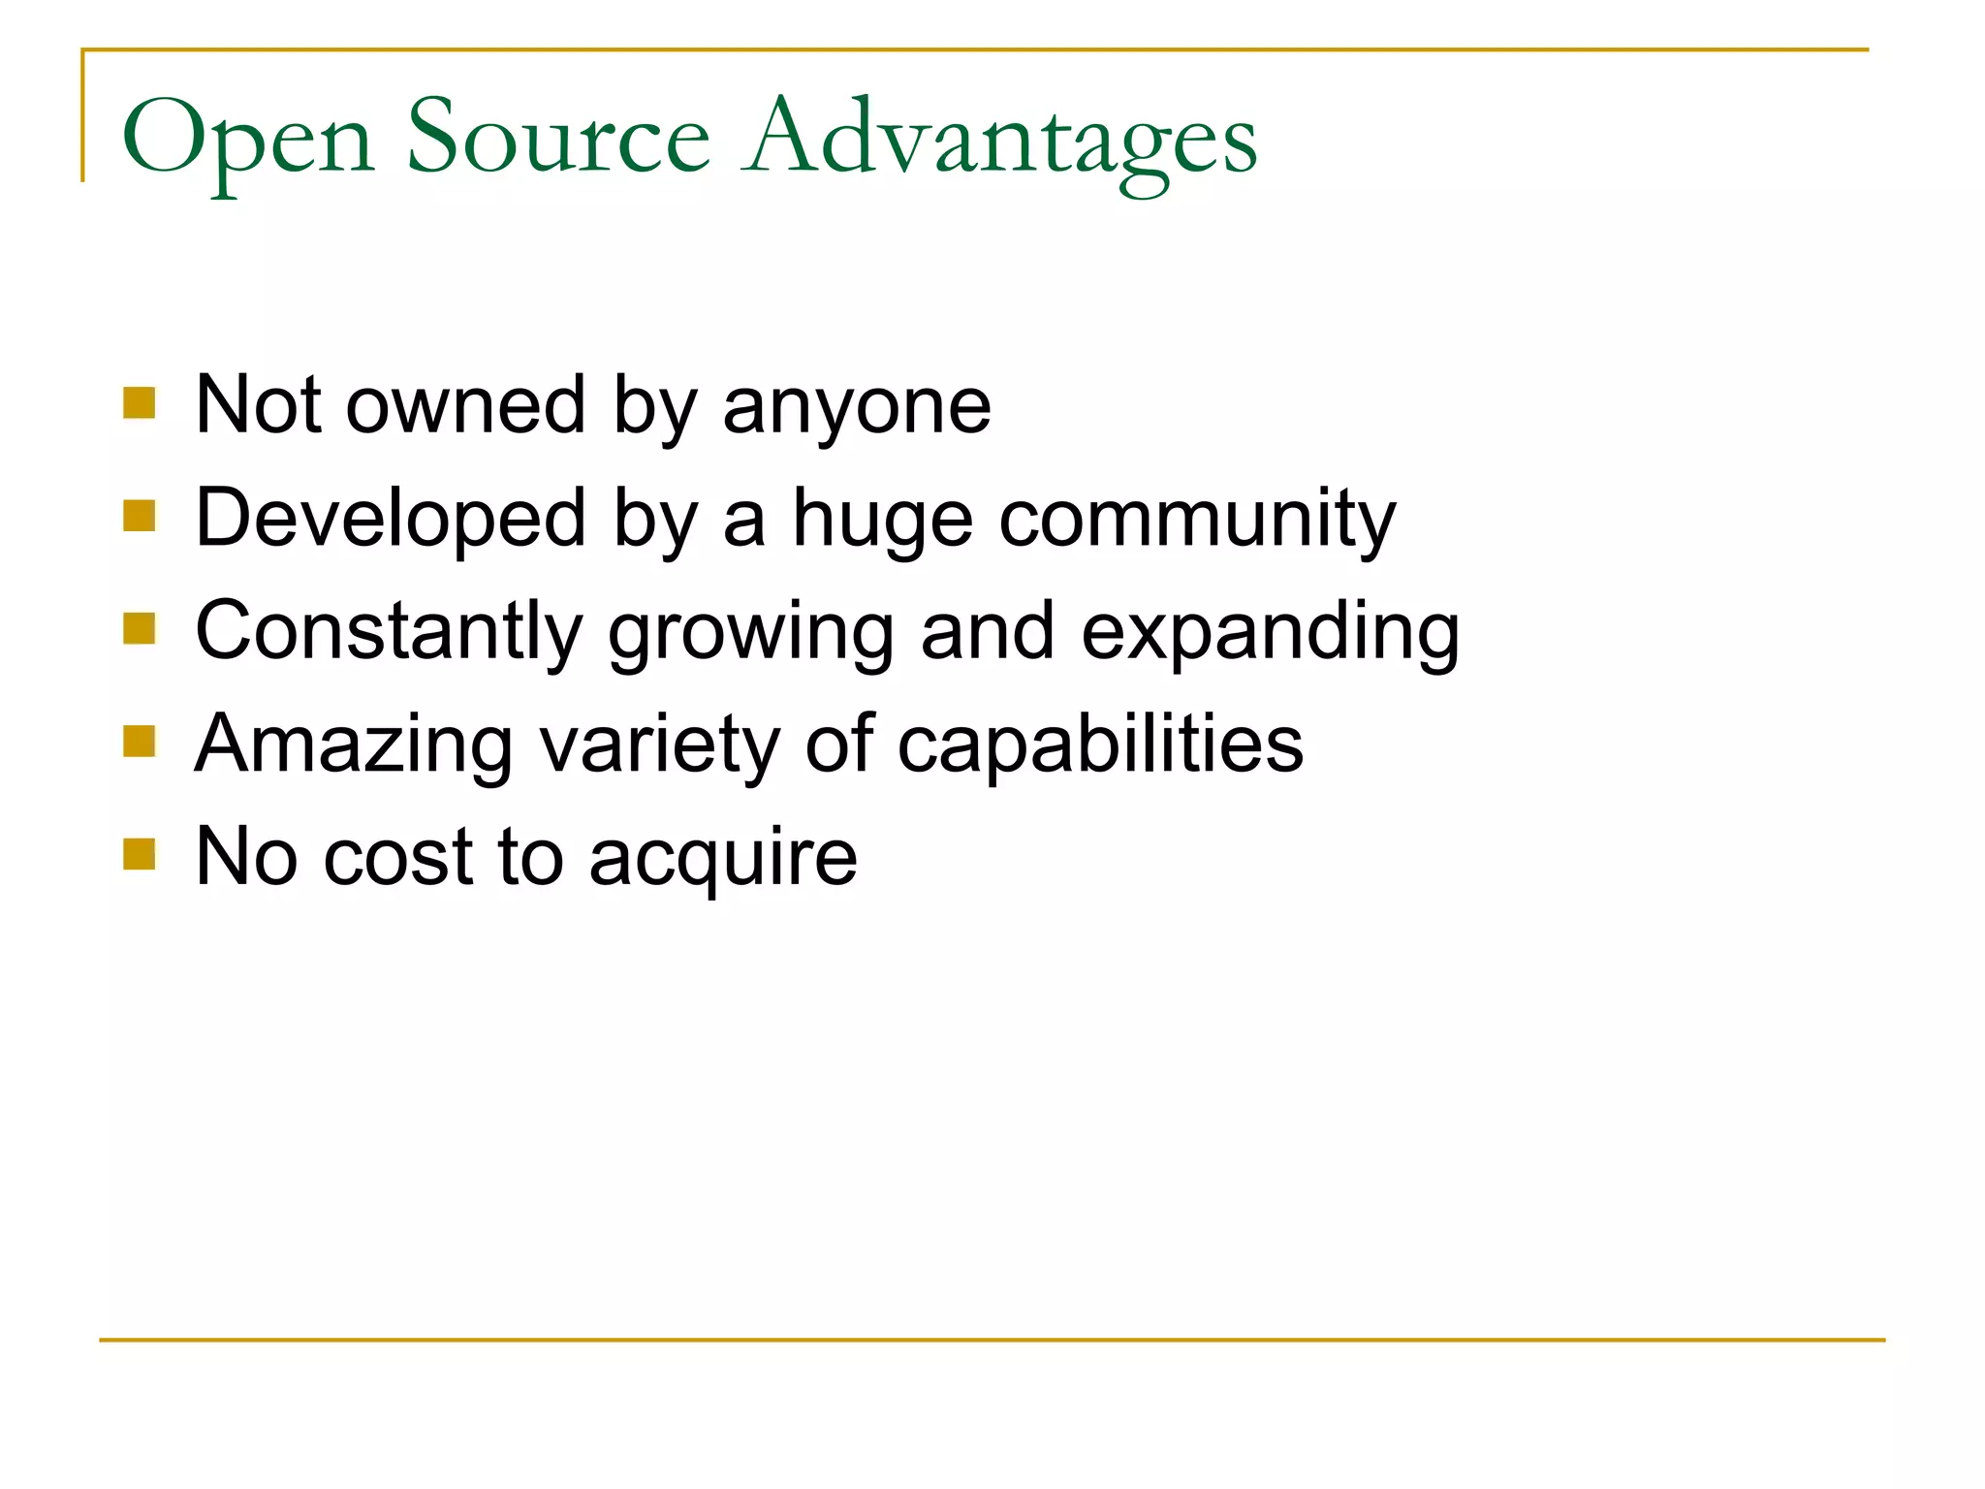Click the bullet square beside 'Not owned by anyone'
(x=140, y=402)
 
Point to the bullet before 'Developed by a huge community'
(x=140, y=516)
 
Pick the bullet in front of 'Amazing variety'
(x=140, y=742)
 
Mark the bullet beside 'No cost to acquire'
(x=140, y=854)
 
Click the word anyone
(x=857, y=407)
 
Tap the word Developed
(x=391, y=520)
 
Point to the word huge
(x=882, y=522)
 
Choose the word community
(x=1197, y=522)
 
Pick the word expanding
(x=1270, y=633)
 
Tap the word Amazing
(x=354, y=745)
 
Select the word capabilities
(x=1100, y=745)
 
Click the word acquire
(x=723, y=859)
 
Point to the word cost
(x=398, y=857)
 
